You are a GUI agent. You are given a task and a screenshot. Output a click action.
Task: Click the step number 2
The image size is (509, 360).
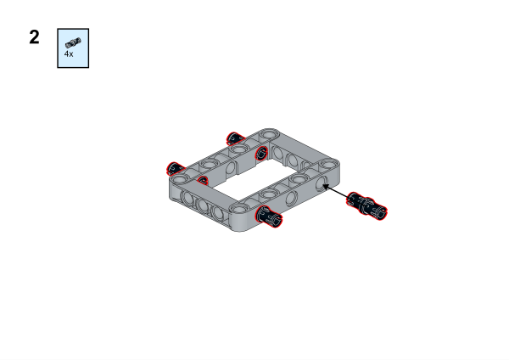pyautogui.click(x=34, y=37)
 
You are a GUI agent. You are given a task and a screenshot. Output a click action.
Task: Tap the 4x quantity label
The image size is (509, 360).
pyautogui.click(x=69, y=54)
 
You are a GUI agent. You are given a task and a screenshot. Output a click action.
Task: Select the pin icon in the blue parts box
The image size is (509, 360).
pyautogui.click(x=73, y=42)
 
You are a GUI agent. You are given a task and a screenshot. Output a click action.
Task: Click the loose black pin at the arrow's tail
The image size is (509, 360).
pyautogui.click(x=366, y=206)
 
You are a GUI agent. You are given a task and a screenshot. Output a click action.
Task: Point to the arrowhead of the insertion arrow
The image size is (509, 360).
pyautogui.click(x=326, y=187)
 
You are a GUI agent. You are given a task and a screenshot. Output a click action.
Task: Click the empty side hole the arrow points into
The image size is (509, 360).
pyautogui.click(x=322, y=184)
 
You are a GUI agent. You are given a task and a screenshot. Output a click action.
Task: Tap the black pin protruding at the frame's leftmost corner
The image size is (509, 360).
pyautogui.click(x=176, y=169)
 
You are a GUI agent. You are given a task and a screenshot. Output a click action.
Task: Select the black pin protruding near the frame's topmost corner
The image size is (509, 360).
pyautogui.click(x=235, y=138)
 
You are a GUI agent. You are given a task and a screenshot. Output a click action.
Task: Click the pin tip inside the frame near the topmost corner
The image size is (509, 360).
pyautogui.click(x=261, y=153)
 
